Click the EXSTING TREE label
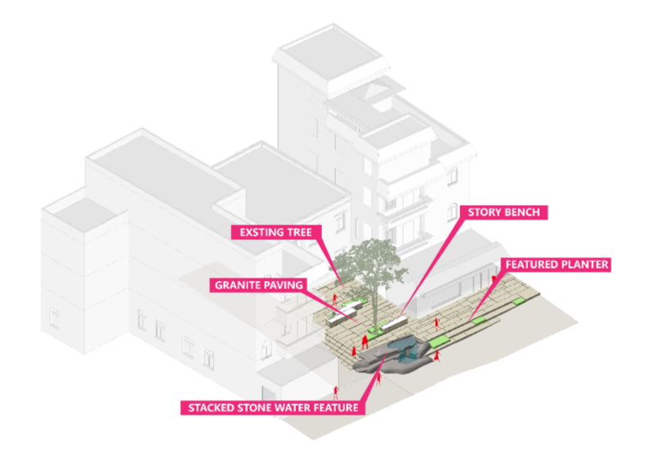[275, 233]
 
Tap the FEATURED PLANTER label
[556, 265]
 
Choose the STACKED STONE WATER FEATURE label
[272, 406]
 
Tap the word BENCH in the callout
[525, 212]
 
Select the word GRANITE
[236, 285]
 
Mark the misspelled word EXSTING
[261, 233]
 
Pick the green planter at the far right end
[517, 302]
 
